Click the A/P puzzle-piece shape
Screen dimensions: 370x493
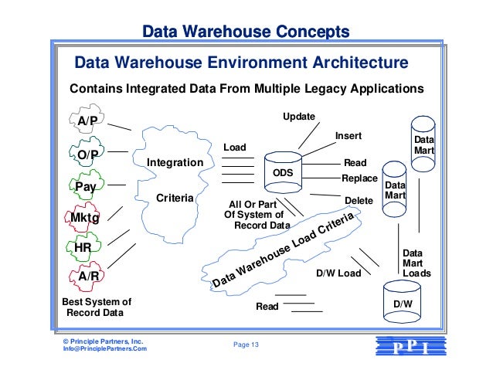coord(87,122)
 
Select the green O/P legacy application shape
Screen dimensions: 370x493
coord(87,154)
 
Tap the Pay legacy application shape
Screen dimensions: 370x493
coord(85,186)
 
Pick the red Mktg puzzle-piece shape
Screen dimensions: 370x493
coord(85,218)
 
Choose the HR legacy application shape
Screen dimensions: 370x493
coord(83,248)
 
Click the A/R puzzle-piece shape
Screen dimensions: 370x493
coord(86,276)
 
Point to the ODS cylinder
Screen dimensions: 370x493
coord(283,171)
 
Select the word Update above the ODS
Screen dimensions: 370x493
coord(299,116)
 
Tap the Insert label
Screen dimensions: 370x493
coord(348,136)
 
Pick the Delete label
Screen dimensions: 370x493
coord(358,200)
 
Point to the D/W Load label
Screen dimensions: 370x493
coord(339,273)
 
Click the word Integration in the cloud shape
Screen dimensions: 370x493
coord(175,163)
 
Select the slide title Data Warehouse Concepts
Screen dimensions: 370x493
coord(246,32)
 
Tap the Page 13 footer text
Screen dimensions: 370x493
coord(246,345)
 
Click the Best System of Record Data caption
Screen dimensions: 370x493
coord(96,307)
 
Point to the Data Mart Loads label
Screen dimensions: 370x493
coord(416,263)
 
